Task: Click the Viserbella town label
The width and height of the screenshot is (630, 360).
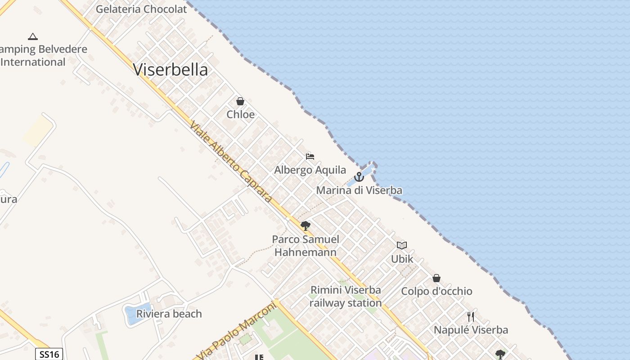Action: pyautogui.click(x=171, y=70)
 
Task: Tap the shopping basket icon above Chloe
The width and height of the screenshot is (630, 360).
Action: pyautogui.click(x=240, y=101)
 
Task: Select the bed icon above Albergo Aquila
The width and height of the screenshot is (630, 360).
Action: pyautogui.click(x=310, y=157)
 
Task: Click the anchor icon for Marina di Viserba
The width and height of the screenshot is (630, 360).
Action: pyautogui.click(x=359, y=177)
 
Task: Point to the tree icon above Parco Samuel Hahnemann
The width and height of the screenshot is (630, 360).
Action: pyautogui.click(x=306, y=225)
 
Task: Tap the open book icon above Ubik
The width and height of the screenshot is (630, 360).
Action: pyautogui.click(x=402, y=246)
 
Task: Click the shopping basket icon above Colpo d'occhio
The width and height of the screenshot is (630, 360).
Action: pyautogui.click(x=436, y=278)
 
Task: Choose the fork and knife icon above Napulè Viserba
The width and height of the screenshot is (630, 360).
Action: pyautogui.click(x=471, y=317)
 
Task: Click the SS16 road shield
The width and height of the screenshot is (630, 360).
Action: pyautogui.click(x=49, y=354)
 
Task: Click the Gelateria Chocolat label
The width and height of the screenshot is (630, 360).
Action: pyautogui.click(x=141, y=9)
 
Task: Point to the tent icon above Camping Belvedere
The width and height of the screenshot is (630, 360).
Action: pyautogui.click(x=32, y=36)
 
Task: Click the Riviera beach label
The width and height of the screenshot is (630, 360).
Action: pyautogui.click(x=169, y=314)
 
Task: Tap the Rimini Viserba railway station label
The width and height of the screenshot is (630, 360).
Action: pyautogui.click(x=345, y=297)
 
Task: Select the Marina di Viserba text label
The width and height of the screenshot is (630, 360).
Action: pyautogui.click(x=359, y=190)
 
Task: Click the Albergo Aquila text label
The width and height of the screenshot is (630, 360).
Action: pyautogui.click(x=310, y=170)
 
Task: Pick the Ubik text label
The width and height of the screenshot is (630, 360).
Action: pyautogui.click(x=402, y=259)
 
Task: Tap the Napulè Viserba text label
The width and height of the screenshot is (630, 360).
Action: pyautogui.click(x=471, y=330)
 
